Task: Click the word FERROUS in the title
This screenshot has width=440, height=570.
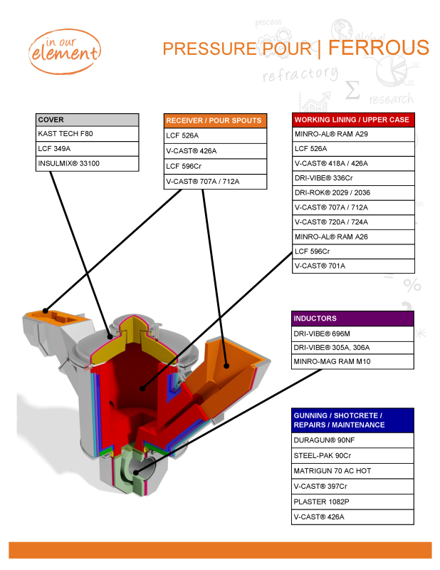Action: (379, 48)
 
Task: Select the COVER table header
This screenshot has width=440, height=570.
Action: (88, 120)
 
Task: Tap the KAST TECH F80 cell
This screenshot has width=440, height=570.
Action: (88, 134)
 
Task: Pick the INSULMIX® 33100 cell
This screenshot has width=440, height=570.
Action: (88, 163)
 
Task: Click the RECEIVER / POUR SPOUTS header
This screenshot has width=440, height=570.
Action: (215, 120)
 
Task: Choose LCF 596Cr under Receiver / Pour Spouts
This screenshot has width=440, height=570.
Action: (215, 166)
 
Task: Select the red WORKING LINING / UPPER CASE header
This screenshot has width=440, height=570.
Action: (353, 120)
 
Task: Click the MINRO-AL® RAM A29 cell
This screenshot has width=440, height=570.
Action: (353, 134)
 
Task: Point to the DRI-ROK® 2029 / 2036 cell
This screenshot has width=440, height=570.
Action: (353, 192)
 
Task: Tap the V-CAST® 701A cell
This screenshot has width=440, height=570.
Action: (353, 266)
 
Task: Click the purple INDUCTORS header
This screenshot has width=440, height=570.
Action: (353, 318)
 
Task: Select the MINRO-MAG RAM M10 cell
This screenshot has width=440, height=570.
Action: (353, 362)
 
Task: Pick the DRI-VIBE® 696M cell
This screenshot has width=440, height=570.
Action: (353, 333)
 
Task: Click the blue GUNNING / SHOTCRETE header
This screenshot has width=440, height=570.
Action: (353, 420)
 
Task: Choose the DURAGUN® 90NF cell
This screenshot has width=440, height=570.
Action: (353, 440)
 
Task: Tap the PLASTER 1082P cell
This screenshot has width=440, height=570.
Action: (353, 502)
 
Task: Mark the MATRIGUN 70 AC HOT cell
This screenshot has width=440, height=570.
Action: (353, 471)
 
